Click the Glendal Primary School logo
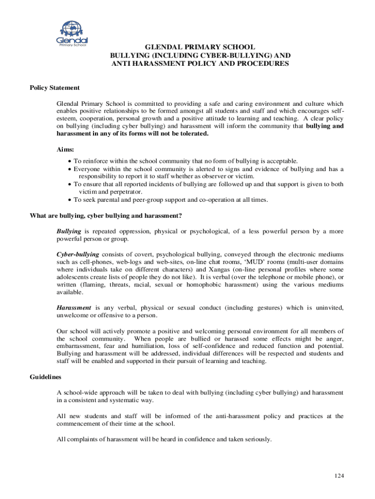pyautogui.click(x=72, y=35)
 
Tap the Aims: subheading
pyautogui.click(x=66, y=150)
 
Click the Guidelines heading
pyautogui.click(x=45, y=377)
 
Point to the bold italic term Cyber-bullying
pyautogui.click(x=78, y=254)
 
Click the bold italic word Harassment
pyautogui.click(x=74, y=307)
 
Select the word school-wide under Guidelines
pyautogui.click(x=81, y=392)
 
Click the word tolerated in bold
pyautogui.click(x=192, y=134)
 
